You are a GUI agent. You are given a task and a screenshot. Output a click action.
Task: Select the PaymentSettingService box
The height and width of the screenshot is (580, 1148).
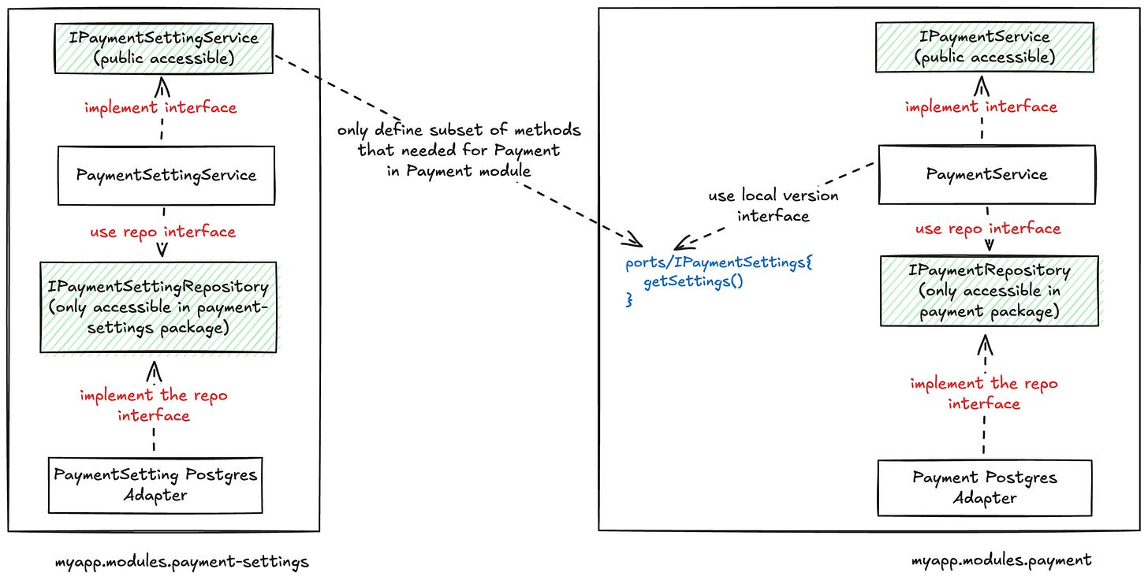tap(166, 175)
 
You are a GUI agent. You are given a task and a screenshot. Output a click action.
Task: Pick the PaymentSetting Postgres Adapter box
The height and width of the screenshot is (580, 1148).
tap(155, 484)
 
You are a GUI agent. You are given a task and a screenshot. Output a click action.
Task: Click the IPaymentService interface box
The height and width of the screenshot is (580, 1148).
tap(985, 46)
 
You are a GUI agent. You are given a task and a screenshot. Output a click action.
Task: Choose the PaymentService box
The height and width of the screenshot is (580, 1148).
tap(986, 175)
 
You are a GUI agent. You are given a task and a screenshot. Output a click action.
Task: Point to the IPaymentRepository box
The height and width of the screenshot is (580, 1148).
tap(989, 291)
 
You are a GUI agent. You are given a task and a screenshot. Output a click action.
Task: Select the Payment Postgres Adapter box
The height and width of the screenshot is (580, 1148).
tap(985, 488)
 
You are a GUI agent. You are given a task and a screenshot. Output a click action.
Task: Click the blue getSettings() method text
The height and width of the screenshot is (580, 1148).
tap(693, 281)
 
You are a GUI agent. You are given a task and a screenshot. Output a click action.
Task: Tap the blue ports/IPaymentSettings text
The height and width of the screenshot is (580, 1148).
tap(717, 262)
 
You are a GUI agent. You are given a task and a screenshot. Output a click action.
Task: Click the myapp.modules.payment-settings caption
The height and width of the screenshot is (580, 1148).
tap(181, 562)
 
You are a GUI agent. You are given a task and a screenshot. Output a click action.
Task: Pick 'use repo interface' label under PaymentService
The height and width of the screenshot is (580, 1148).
tap(987, 229)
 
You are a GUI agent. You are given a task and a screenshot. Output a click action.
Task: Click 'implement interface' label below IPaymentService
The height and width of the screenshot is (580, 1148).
tap(981, 106)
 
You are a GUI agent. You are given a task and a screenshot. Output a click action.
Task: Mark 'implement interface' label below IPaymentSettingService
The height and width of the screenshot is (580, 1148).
tap(161, 107)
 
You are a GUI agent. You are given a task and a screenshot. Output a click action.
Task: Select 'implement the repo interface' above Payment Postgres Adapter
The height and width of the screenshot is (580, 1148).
tap(983, 393)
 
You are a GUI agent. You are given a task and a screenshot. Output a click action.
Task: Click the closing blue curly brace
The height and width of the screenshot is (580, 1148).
tap(629, 300)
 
